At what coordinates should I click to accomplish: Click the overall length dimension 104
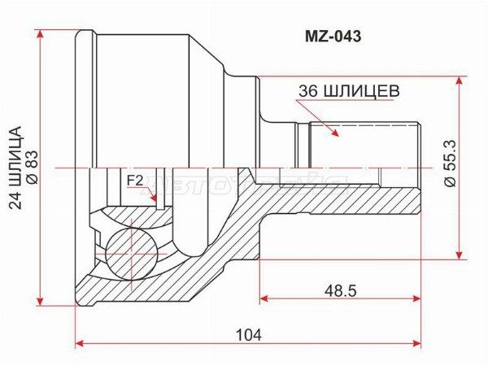pyautogui.click(x=249, y=333)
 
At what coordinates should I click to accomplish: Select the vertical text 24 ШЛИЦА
pyautogui.click(x=14, y=167)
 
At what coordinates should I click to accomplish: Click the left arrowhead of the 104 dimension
pyautogui.click(x=79, y=345)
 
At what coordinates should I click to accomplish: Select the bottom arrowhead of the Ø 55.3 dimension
pyautogui.click(x=460, y=254)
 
